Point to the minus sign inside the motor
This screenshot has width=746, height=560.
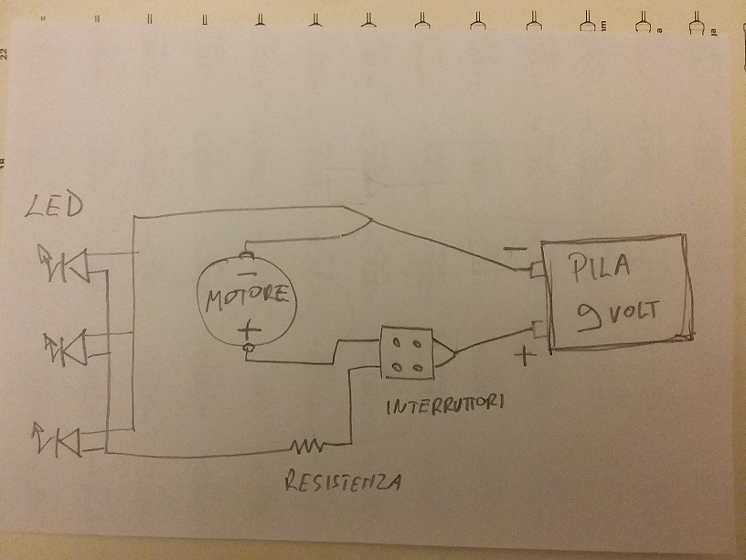point(245,273)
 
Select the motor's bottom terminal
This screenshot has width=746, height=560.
point(246,350)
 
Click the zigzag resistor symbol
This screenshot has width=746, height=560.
point(307,447)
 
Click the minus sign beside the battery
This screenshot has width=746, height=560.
point(514,247)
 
